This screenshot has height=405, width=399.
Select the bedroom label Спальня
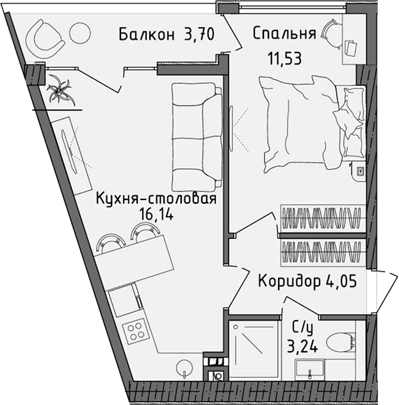pos(284,33)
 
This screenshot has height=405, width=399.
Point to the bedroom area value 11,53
pos(284,59)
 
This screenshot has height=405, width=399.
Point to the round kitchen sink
pos(184,368)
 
